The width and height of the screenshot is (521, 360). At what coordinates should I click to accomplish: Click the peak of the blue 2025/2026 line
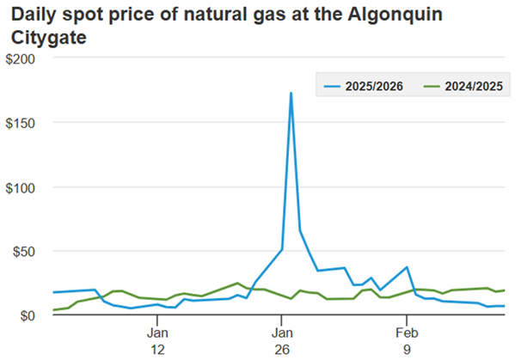pyautogui.click(x=291, y=93)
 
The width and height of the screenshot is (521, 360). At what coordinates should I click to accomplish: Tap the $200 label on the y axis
pyautogui.click(x=22, y=58)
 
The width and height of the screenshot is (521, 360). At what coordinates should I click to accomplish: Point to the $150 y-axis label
pyautogui.click(x=22, y=123)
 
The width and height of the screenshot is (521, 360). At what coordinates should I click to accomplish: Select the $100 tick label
pyautogui.click(x=22, y=187)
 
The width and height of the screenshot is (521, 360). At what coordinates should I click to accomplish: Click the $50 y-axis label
pyautogui.click(x=26, y=252)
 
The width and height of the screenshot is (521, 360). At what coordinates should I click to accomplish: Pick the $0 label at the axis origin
pyautogui.click(x=29, y=315)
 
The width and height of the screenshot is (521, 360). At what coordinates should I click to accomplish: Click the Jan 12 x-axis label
pyautogui.click(x=157, y=339)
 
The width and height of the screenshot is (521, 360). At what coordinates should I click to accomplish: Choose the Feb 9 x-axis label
pyautogui.click(x=407, y=339)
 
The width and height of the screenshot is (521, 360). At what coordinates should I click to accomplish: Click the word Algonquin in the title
pyautogui.click(x=405, y=15)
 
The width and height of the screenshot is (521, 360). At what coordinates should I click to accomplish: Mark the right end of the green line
pyautogui.click(x=505, y=290)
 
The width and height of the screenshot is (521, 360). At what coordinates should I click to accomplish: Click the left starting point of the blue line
pyautogui.click(x=53, y=293)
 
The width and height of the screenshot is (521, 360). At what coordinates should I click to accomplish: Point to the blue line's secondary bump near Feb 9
pyautogui.click(x=408, y=267)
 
